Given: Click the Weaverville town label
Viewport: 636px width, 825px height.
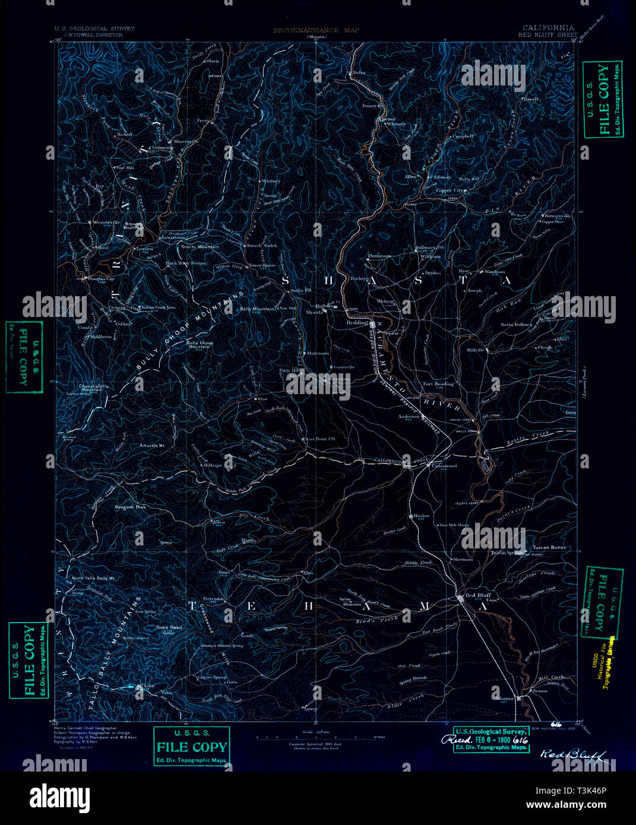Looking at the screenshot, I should point(105,222).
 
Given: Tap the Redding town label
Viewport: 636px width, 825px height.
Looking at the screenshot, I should point(357,322).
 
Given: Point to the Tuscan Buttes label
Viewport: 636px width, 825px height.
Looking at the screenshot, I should point(549,547).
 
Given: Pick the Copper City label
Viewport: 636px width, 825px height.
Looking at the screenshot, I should point(450,191).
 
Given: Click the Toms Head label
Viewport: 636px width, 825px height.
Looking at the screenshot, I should point(169,627).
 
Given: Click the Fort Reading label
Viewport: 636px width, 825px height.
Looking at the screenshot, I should point(438,384).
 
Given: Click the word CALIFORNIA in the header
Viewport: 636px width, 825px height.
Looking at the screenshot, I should point(548,27).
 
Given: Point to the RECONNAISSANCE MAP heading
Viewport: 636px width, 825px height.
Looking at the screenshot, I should point(316,30).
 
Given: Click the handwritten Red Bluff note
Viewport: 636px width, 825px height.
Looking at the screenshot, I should point(572,755).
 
